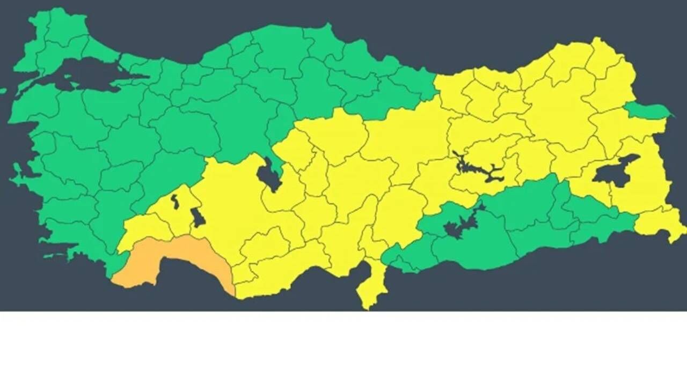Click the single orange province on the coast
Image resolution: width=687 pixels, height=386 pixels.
tap(172, 260)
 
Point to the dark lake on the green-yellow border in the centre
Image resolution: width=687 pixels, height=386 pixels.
tap(269, 175)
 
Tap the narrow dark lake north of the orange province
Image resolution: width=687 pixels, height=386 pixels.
tap(175, 202)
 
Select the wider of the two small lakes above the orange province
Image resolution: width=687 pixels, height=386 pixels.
tap(198, 218)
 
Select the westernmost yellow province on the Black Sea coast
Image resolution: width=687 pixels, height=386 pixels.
tap(451, 88)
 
